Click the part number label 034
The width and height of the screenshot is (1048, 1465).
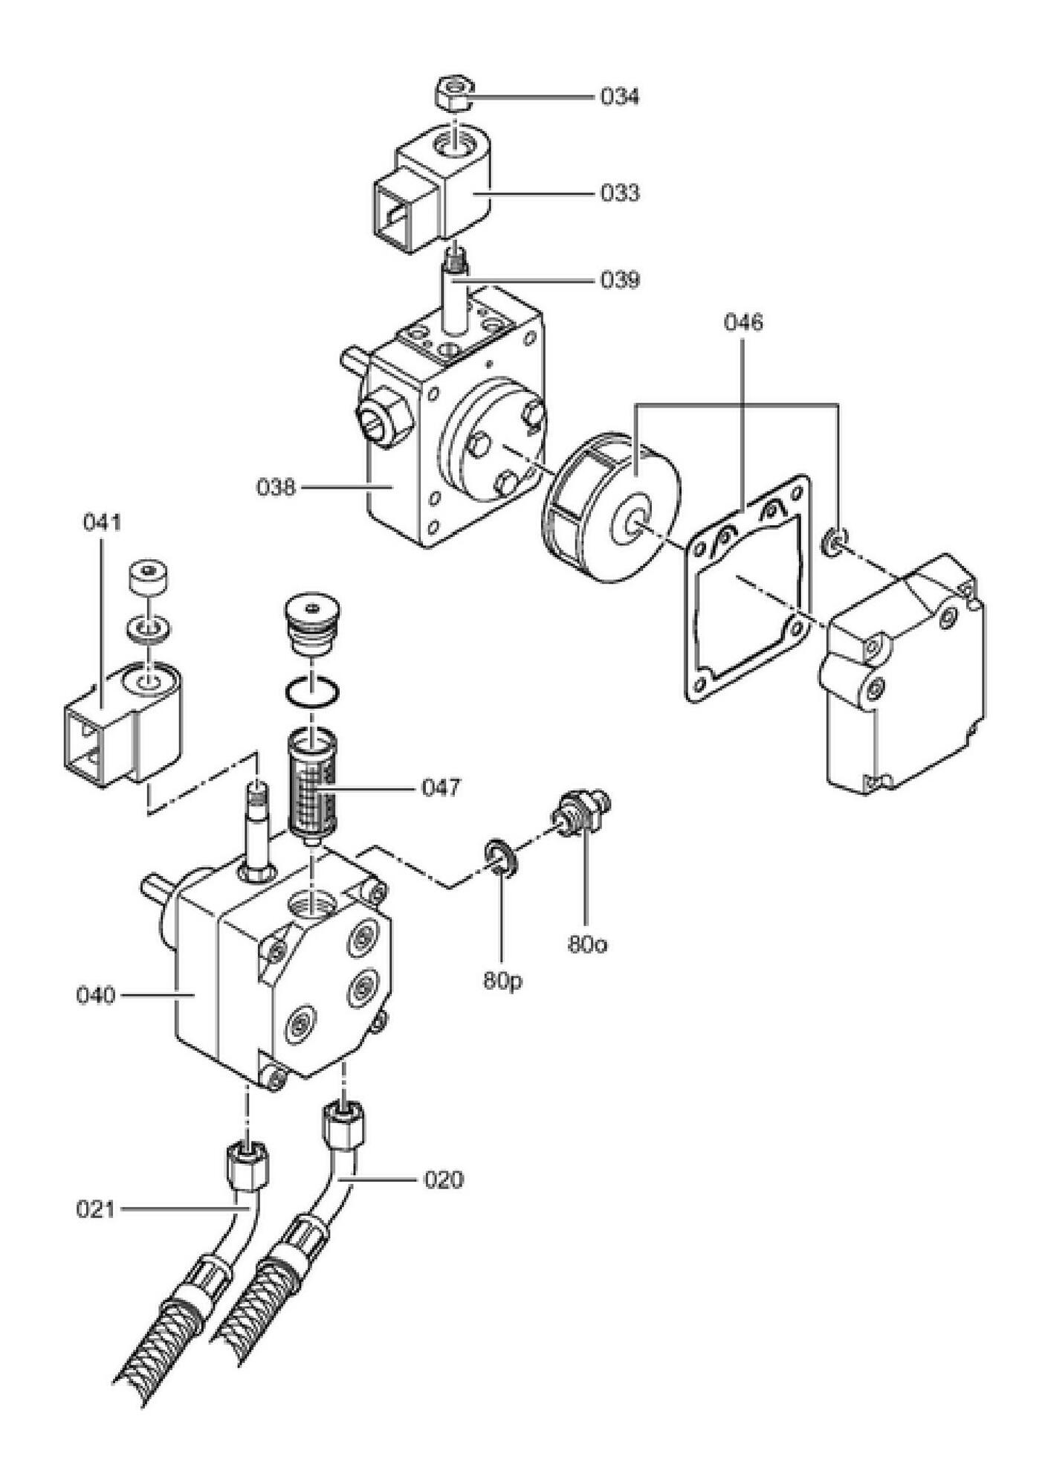point(619,97)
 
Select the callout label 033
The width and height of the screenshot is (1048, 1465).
point(619,193)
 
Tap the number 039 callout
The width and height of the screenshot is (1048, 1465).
point(619,280)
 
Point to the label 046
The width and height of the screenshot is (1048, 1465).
point(744,323)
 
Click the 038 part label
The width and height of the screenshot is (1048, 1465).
point(276,488)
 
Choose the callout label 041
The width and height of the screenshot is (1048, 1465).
point(101,523)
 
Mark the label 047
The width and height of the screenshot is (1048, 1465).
point(441,787)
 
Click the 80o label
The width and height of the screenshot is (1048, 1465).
point(587,945)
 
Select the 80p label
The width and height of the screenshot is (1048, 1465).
point(502,981)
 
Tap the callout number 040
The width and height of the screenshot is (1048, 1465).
point(96,995)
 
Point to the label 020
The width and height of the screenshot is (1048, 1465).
point(443,1180)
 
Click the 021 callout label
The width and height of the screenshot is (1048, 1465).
point(96,1210)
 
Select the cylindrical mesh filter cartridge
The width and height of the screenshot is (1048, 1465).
point(312,788)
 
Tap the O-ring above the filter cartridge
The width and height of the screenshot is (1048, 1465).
point(313,692)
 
